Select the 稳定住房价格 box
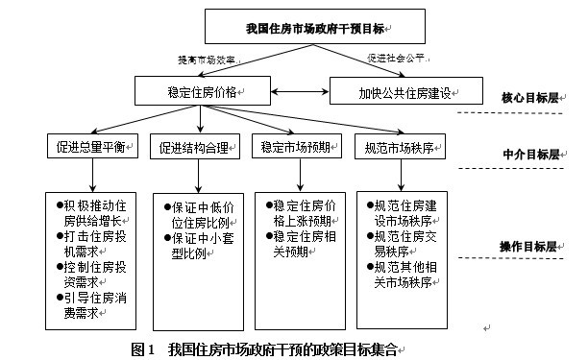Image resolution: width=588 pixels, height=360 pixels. tap(203, 92)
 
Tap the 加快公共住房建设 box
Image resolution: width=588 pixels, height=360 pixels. tap(406, 92)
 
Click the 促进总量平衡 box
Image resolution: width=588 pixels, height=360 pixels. tap(94, 148)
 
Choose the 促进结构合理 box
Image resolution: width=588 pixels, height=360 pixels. tap(196, 148)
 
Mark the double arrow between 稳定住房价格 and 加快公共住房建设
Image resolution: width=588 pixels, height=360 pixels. tap(298, 92)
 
